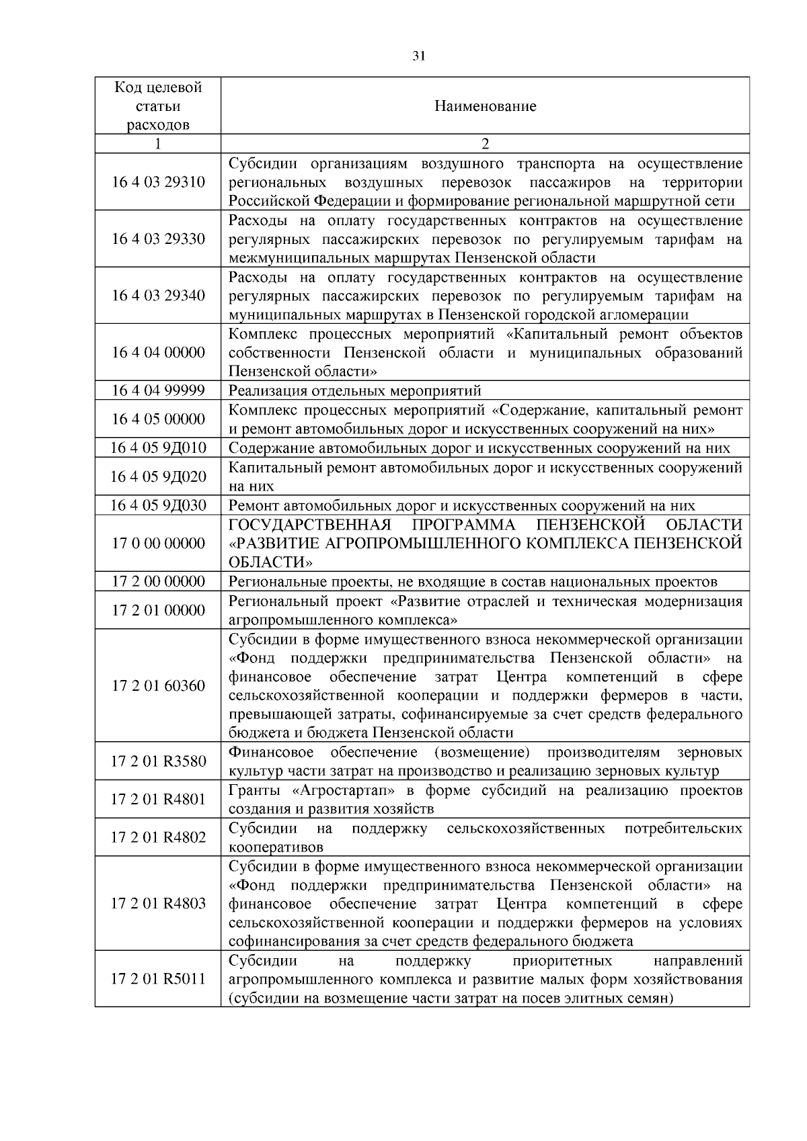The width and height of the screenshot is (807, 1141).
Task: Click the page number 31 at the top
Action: pyautogui.click(x=418, y=56)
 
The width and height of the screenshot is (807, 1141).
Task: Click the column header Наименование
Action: pyautogui.click(x=485, y=106)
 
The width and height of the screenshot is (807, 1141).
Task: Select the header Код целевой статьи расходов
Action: pyautogui.click(x=158, y=106)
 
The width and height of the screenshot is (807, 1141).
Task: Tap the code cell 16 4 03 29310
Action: pyautogui.click(x=158, y=182)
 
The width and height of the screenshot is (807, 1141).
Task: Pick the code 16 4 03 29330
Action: pyautogui.click(x=158, y=239)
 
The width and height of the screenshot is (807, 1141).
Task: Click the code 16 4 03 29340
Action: pyautogui.click(x=158, y=296)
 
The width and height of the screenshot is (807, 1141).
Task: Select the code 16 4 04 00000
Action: pyautogui.click(x=158, y=353)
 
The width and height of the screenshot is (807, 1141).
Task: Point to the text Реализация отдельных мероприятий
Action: pyautogui.click(x=355, y=391)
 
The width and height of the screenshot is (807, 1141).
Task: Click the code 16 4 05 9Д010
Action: pyautogui.click(x=158, y=448)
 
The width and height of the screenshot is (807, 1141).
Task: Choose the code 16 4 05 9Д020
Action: pyautogui.click(x=158, y=476)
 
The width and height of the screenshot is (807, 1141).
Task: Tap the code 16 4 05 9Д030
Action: pyautogui.click(x=158, y=505)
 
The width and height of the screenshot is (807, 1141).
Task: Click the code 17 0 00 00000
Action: pyautogui.click(x=158, y=543)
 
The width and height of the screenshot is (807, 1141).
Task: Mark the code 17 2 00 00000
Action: pyautogui.click(x=158, y=581)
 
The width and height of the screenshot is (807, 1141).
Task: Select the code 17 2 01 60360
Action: pyautogui.click(x=158, y=686)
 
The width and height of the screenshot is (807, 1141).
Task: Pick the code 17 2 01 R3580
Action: pyautogui.click(x=158, y=761)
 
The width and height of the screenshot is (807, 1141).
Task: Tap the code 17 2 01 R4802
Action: pyautogui.click(x=158, y=837)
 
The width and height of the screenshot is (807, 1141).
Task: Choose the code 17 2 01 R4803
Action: pyautogui.click(x=158, y=904)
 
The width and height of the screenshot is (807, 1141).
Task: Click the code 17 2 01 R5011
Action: pyautogui.click(x=158, y=979)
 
